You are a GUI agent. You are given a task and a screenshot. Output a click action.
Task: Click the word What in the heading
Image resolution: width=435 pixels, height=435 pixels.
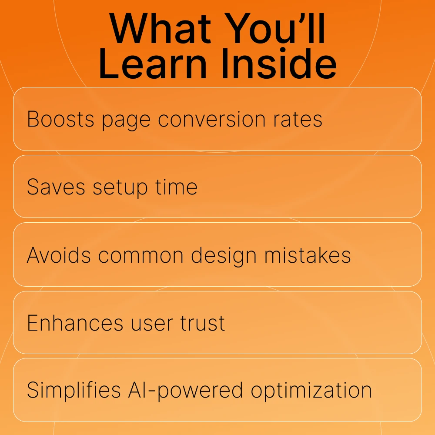click(x=161, y=28)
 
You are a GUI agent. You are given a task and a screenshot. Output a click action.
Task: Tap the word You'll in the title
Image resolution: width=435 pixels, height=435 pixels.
click(x=274, y=28)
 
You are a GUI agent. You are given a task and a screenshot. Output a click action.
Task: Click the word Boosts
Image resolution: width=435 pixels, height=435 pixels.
click(x=60, y=119)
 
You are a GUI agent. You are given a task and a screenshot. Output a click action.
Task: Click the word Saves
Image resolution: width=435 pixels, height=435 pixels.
click(x=56, y=187)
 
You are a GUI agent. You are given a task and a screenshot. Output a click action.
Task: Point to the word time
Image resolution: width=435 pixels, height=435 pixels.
click(x=176, y=187)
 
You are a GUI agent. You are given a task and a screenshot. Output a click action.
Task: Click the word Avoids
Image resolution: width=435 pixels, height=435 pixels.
click(x=59, y=255)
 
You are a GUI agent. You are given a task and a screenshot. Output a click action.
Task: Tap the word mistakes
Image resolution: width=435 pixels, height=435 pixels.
click(x=308, y=255)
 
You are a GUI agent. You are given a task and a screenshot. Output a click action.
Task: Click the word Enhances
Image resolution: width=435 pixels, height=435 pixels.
click(x=75, y=323)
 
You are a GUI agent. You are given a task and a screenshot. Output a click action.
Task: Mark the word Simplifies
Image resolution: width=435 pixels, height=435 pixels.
click(x=74, y=389)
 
